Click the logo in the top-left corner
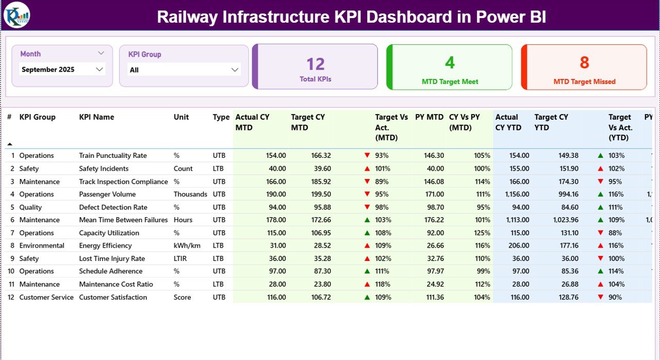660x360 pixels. tap(16, 15)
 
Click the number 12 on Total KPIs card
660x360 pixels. tap(315, 64)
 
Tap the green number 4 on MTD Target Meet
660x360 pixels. tap(450, 62)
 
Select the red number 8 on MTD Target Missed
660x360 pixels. tap(584, 62)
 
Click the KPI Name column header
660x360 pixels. tap(96, 117)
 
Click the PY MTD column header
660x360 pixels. tap(429, 117)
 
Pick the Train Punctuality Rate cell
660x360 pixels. tap(113, 155)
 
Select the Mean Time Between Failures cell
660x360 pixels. tap(123, 220)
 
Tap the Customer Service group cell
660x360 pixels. tap(46, 297)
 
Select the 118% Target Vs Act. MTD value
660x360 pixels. tap(382, 284)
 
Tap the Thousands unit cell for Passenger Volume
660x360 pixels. tap(190, 194)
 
